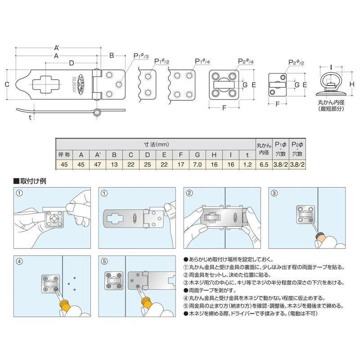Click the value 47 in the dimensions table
click(97, 165)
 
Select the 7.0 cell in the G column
click(196, 165)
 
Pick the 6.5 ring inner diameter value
click(263, 165)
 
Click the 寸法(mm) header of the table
click(156, 144)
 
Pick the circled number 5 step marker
click(104, 261)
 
